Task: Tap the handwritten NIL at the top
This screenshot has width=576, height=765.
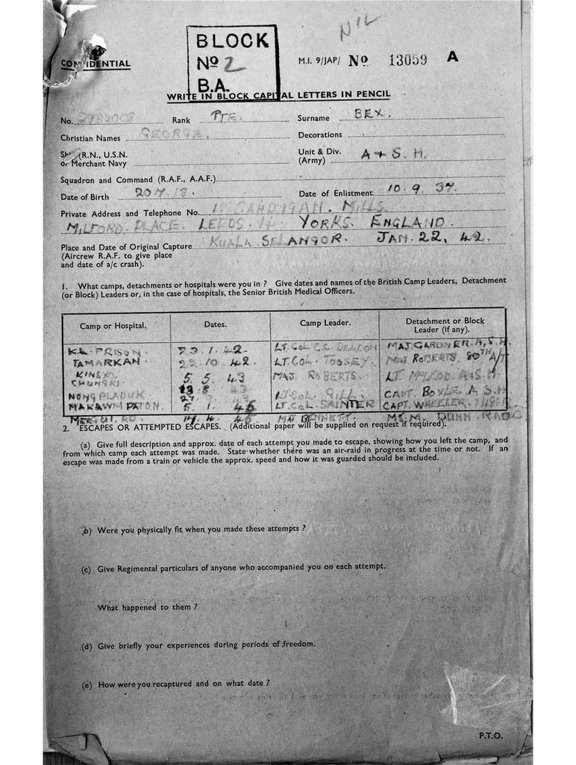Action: [x=360, y=28]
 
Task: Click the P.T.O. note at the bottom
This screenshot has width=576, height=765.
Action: [x=490, y=735]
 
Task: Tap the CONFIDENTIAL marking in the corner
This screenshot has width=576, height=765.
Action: [x=96, y=64]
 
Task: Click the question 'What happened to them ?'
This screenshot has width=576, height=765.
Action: [x=147, y=607]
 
